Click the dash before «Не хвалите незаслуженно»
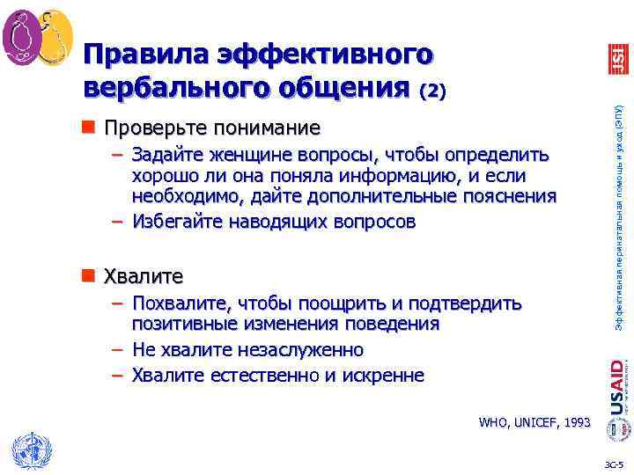[117, 350]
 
